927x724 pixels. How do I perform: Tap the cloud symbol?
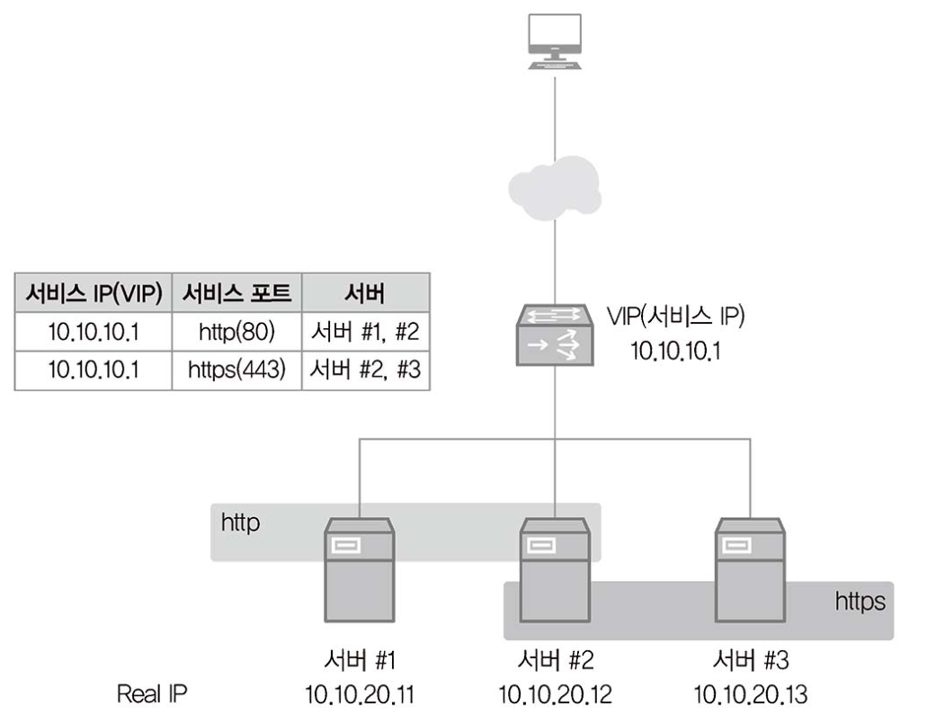[x=555, y=187]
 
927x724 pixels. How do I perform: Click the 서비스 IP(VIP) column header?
[x=92, y=293]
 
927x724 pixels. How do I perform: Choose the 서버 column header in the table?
[x=366, y=293]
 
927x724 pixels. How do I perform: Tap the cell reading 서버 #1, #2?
[x=366, y=332]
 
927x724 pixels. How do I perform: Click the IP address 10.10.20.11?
[x=360, y=694]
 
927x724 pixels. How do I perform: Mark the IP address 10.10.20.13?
[x=750, y=694]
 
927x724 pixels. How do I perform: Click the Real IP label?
[x=153, y=694]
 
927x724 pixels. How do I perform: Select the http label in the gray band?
[x=241, y=523]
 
